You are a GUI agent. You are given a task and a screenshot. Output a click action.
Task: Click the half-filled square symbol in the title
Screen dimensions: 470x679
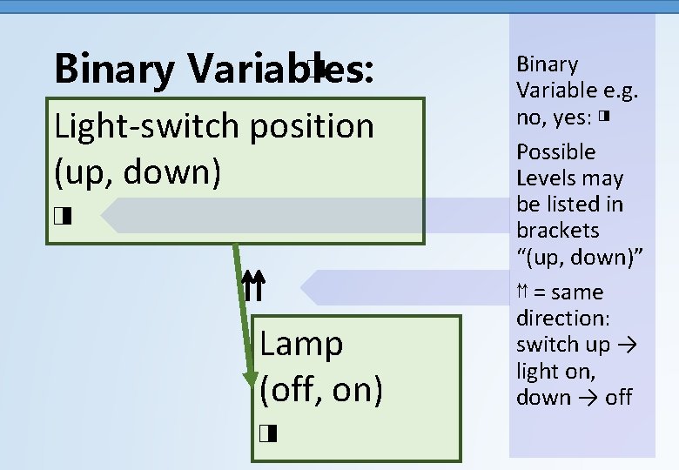315,66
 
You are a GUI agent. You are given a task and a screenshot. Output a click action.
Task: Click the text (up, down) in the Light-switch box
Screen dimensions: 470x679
137,171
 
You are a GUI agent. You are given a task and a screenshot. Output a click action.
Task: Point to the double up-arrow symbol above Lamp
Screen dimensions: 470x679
252,285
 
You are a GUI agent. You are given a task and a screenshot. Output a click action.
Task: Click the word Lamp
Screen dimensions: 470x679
301,344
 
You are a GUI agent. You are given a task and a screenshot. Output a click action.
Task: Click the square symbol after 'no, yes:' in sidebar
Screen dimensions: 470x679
603,116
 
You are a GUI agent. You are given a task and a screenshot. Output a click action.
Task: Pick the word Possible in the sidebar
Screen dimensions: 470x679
556,151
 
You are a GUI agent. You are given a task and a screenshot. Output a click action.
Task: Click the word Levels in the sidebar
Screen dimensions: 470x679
544,178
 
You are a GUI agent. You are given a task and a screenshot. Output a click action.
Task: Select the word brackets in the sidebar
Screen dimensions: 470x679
557,231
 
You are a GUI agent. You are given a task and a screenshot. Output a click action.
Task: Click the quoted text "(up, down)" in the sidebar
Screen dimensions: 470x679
580,258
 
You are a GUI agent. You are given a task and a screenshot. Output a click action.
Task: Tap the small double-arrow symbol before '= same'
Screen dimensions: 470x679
523,292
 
